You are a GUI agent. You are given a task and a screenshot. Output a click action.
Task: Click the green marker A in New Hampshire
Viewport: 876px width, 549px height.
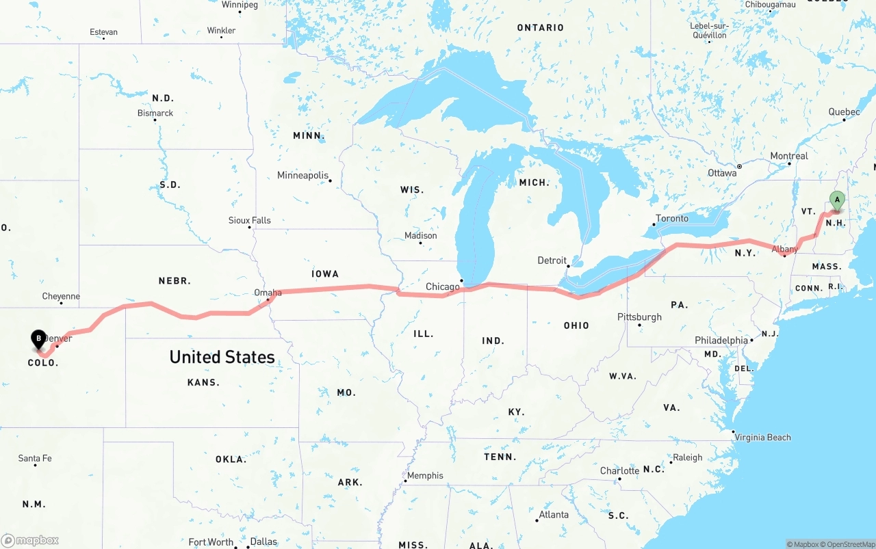[836, 200]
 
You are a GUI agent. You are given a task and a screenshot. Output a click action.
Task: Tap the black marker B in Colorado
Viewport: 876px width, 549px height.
[39, 338]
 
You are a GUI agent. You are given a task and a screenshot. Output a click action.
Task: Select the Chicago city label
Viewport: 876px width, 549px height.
[442, 286]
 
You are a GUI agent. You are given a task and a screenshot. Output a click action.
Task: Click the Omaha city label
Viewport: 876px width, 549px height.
[268, 293]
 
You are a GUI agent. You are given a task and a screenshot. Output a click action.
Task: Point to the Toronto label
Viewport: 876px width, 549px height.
[672, 218]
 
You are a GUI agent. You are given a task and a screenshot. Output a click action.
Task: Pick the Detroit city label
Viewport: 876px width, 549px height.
[552, 260]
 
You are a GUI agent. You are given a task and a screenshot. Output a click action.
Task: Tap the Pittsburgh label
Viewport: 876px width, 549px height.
[639, 317]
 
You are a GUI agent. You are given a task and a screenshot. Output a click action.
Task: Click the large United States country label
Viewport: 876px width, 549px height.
[222, 357]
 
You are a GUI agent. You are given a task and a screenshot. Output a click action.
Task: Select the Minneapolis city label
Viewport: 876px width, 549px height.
[302, 176]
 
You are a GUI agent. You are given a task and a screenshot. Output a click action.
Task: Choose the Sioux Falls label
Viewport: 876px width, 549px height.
[249, 220]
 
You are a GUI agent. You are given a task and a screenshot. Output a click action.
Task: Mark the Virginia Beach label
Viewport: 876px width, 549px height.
[763, 438]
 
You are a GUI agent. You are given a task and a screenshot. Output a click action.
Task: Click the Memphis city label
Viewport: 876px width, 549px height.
[425, 476]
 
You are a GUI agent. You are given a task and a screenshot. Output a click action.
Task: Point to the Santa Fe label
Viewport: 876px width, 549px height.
[35, 458]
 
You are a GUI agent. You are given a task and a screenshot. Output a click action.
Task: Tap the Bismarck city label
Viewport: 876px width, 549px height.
[155, 113]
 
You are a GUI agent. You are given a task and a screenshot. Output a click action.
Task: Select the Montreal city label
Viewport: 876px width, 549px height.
[789, 156]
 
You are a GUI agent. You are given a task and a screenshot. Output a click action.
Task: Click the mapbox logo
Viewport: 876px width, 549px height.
[31, 540]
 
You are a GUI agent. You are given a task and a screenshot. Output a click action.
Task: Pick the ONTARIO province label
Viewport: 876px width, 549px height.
[540, 28]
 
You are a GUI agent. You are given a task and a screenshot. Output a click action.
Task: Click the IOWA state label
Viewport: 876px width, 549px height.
[325, 273]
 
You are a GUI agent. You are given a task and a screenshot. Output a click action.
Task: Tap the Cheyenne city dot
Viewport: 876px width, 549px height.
[62, 303]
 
